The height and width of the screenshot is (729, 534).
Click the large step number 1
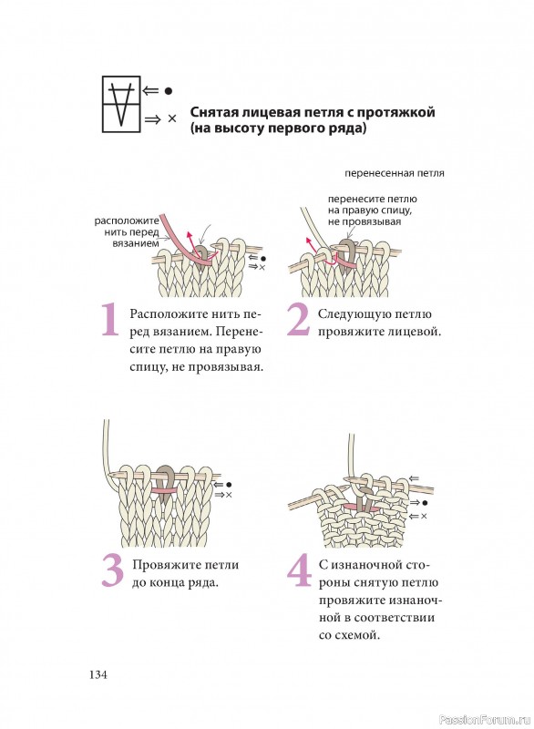(x=110, y=320)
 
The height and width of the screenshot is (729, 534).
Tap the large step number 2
(x=298, y=320)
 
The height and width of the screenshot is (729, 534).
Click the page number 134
(x=98, y=674)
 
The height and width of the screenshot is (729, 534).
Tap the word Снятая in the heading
(x=214, y=112)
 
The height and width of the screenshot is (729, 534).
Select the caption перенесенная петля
(x=395, y=173)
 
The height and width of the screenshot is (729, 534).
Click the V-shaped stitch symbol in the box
(x=121, y=104)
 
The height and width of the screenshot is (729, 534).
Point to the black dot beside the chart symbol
(x=169, y=91)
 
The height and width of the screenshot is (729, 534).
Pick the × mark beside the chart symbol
(x=172, y=119)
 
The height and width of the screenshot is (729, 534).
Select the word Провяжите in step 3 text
(x=161, y=565)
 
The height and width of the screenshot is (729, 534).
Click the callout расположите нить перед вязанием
(x=127, y=232)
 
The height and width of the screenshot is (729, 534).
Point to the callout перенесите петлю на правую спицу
(x=373, y=210)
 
